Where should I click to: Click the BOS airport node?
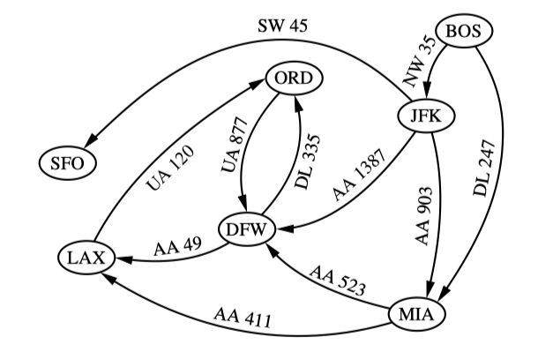click(x=462, y=32)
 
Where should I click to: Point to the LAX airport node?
click(x=86, y=258)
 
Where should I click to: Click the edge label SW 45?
click(x=283, y=26)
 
